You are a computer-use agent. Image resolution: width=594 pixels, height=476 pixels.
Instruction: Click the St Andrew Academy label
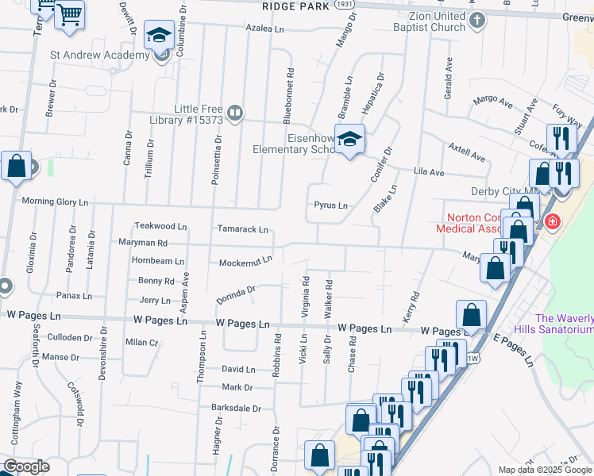point(100,56)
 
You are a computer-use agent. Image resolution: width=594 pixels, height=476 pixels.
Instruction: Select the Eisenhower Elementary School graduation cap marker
point(349,140)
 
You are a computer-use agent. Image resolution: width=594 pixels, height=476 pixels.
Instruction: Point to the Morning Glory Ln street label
point(55,202)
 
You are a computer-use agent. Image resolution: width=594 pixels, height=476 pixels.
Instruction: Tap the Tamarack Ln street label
point(243,229)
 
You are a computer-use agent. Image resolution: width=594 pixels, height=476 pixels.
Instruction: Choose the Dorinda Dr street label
point(236,295)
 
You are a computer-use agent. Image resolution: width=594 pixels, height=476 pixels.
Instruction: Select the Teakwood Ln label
point(160,226)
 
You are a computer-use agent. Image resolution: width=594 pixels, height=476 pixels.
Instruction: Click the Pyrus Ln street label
point(330,205)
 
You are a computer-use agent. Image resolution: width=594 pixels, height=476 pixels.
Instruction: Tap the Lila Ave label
point(429,171)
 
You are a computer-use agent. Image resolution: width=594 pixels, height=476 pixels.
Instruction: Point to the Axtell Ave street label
point(466,152)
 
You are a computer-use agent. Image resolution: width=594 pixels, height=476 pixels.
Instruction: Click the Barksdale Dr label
point(236,408)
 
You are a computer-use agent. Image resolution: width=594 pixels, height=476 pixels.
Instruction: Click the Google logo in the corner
point(26,466)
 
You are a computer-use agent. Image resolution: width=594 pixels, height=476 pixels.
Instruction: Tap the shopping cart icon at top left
point(69,14)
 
